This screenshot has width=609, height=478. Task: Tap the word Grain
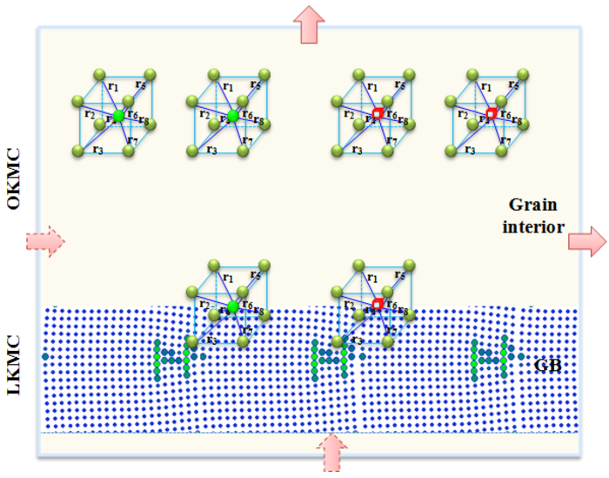[x=532, y=205]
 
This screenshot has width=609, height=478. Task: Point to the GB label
[x=547, y=365]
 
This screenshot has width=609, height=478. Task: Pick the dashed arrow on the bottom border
[x=331, y=454]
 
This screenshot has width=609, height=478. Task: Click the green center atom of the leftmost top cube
[x=118, y=116]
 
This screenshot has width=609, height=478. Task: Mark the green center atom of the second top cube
[x=232, y=116]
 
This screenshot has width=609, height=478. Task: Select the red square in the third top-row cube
[x=378, y=115]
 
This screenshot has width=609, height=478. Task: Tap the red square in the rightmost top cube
[x=491, y=114]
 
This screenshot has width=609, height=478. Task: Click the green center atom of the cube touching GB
[x=232, y=306]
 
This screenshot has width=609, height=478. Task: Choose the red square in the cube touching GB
[x=378, y=303]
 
